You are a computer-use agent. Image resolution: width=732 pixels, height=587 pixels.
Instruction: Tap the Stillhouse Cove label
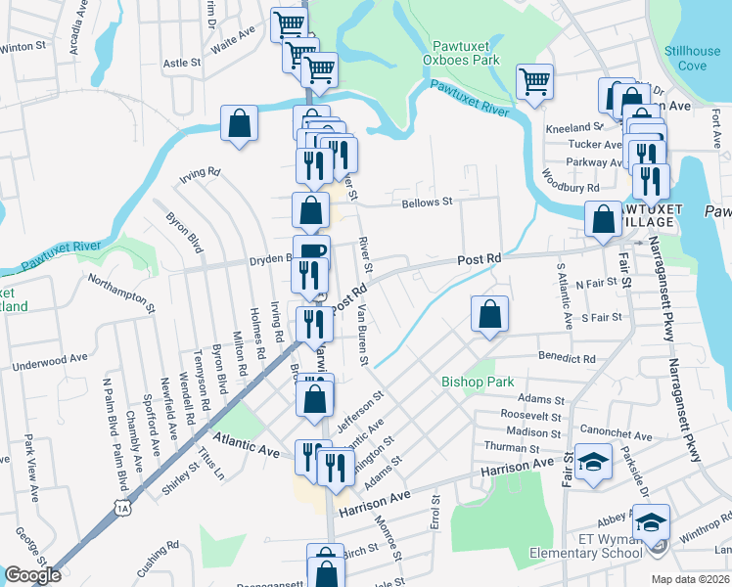click(693, 58)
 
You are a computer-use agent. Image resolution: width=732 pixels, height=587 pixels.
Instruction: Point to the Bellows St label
click(427, 203)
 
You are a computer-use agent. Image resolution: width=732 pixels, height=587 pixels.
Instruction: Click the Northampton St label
click(122, 293)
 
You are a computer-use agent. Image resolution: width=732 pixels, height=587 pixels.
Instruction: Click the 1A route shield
click(121, 508)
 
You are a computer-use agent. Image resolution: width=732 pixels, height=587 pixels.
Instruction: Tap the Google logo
click(31, 574)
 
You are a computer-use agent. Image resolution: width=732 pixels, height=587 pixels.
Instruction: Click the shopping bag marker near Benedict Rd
click(489, 315)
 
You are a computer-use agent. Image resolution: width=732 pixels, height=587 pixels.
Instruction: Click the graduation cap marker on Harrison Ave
click(592, 462)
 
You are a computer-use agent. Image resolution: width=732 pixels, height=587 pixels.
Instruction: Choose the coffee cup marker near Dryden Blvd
click(311, 252)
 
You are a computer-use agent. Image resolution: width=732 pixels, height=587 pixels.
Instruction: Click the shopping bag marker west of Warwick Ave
click(239, 123)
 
